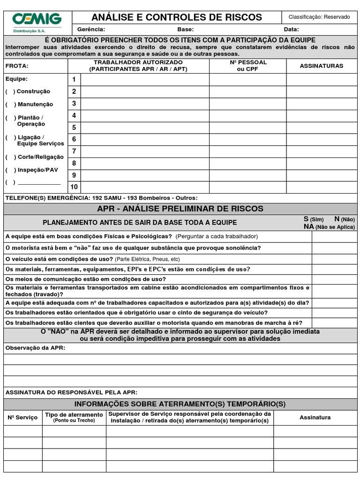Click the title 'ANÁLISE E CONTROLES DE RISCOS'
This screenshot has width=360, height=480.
[177, 17]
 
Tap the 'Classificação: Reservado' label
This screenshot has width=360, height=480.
[319, 17]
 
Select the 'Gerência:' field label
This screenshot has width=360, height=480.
[91, 29]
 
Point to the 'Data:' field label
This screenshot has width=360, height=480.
[291, 29]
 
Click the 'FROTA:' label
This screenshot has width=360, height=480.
[17, 66]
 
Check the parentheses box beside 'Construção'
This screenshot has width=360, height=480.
[10, 91]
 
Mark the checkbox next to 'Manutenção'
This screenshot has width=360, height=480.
[10, 105]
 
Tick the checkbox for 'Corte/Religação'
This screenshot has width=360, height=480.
[10, 157]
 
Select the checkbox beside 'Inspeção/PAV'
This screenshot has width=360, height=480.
[10, 170]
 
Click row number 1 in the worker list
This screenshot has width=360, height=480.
[74, 80]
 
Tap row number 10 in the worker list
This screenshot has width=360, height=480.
[74, 187]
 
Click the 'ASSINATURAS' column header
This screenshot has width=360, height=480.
[322, 66]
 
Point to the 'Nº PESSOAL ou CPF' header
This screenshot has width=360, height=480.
[248, 66]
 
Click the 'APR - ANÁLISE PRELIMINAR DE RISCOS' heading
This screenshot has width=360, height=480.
[180, 209]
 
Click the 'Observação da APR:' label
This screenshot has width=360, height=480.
[35, 348]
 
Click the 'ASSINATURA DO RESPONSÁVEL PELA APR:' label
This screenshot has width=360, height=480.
[71, 392]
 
